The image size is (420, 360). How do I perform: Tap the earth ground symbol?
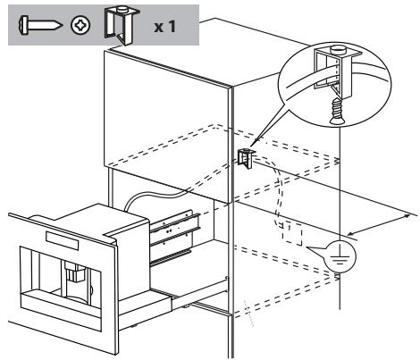click(x=341, y=256)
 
